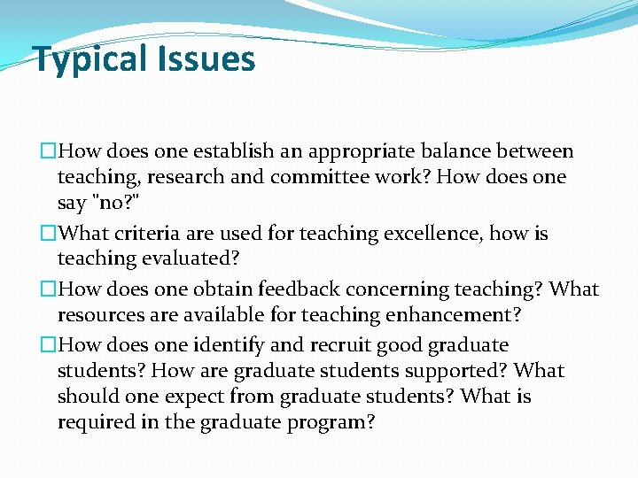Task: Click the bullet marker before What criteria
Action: (48, 235)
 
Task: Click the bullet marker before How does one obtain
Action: (48, 290)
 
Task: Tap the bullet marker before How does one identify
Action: (48, 345)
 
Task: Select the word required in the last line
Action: (94, 422)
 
